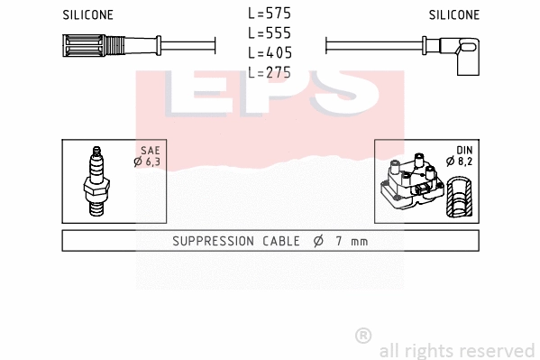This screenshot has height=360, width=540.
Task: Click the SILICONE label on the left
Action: click(x=87, y=15)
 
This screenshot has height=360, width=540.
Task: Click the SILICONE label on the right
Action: click(x=454, y=15)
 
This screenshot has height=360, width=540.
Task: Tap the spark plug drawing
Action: click(x=96, y=180)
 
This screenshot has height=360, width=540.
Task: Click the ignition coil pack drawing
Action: click(x=412, y=183)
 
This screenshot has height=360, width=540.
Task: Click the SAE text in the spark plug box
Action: click(x=150, y=151)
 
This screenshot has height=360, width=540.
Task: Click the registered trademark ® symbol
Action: click(x=363, y=335)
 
